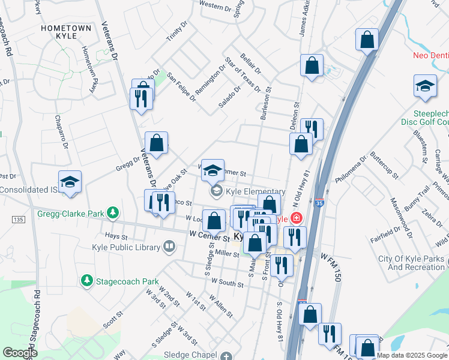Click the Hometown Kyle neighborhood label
66,33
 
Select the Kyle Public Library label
126,247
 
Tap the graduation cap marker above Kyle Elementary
212,171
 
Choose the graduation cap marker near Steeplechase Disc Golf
425,86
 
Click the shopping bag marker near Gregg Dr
156,144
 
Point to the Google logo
20,353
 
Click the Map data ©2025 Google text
412,355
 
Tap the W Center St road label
209,235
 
